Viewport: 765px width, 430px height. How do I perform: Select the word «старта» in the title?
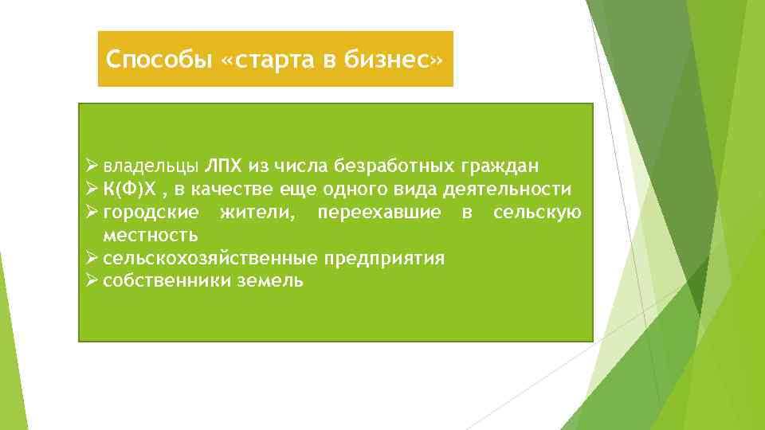272,60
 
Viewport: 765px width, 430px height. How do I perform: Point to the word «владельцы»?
151,166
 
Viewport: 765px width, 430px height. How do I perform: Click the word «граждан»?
500,166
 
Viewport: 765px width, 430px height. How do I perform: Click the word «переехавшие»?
379,213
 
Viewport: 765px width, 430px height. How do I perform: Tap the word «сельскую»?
537,213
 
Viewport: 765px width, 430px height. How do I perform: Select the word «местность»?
151,236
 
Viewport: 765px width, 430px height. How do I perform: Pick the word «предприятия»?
385,259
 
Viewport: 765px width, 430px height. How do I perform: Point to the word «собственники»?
167,282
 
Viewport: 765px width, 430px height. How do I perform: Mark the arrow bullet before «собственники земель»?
92,281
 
